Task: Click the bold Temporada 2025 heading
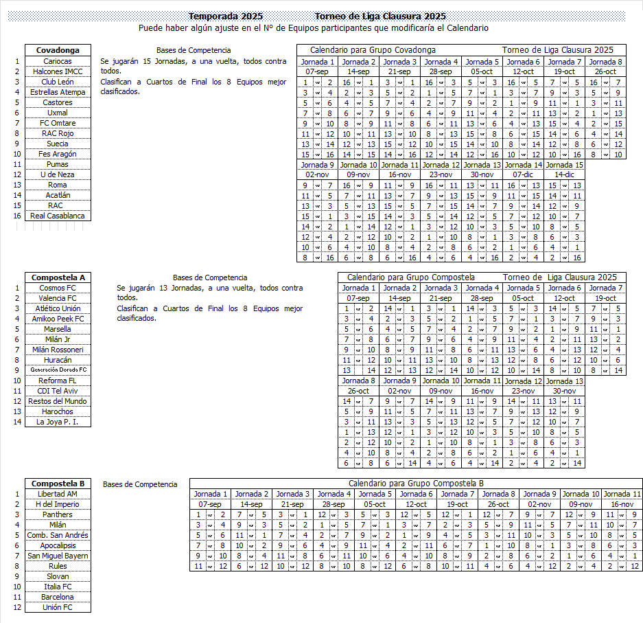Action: coord(226,16)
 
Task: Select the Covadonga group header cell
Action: coord(58,50)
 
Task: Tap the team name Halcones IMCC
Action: coord(58,71)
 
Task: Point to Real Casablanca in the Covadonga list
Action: coord(58,216)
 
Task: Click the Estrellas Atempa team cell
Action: coord(58,92)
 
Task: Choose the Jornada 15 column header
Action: coord(564,165)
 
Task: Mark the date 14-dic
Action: coord(564,175)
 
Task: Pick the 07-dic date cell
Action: coord(523,175)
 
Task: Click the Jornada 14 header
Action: coord(523,165)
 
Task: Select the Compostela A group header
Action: coord(58,277)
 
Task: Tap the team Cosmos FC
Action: coord(58,288)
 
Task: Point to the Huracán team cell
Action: coord(58,360)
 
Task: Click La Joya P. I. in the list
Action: coord(58,422)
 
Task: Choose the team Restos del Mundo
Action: coord(58,401)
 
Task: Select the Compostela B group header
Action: coord(58,484)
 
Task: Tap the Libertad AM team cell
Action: coord(58,494)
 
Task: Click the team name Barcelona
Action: coord(58,597)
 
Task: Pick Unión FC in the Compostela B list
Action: coord(58,607)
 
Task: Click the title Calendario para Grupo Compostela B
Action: coord(416,484)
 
